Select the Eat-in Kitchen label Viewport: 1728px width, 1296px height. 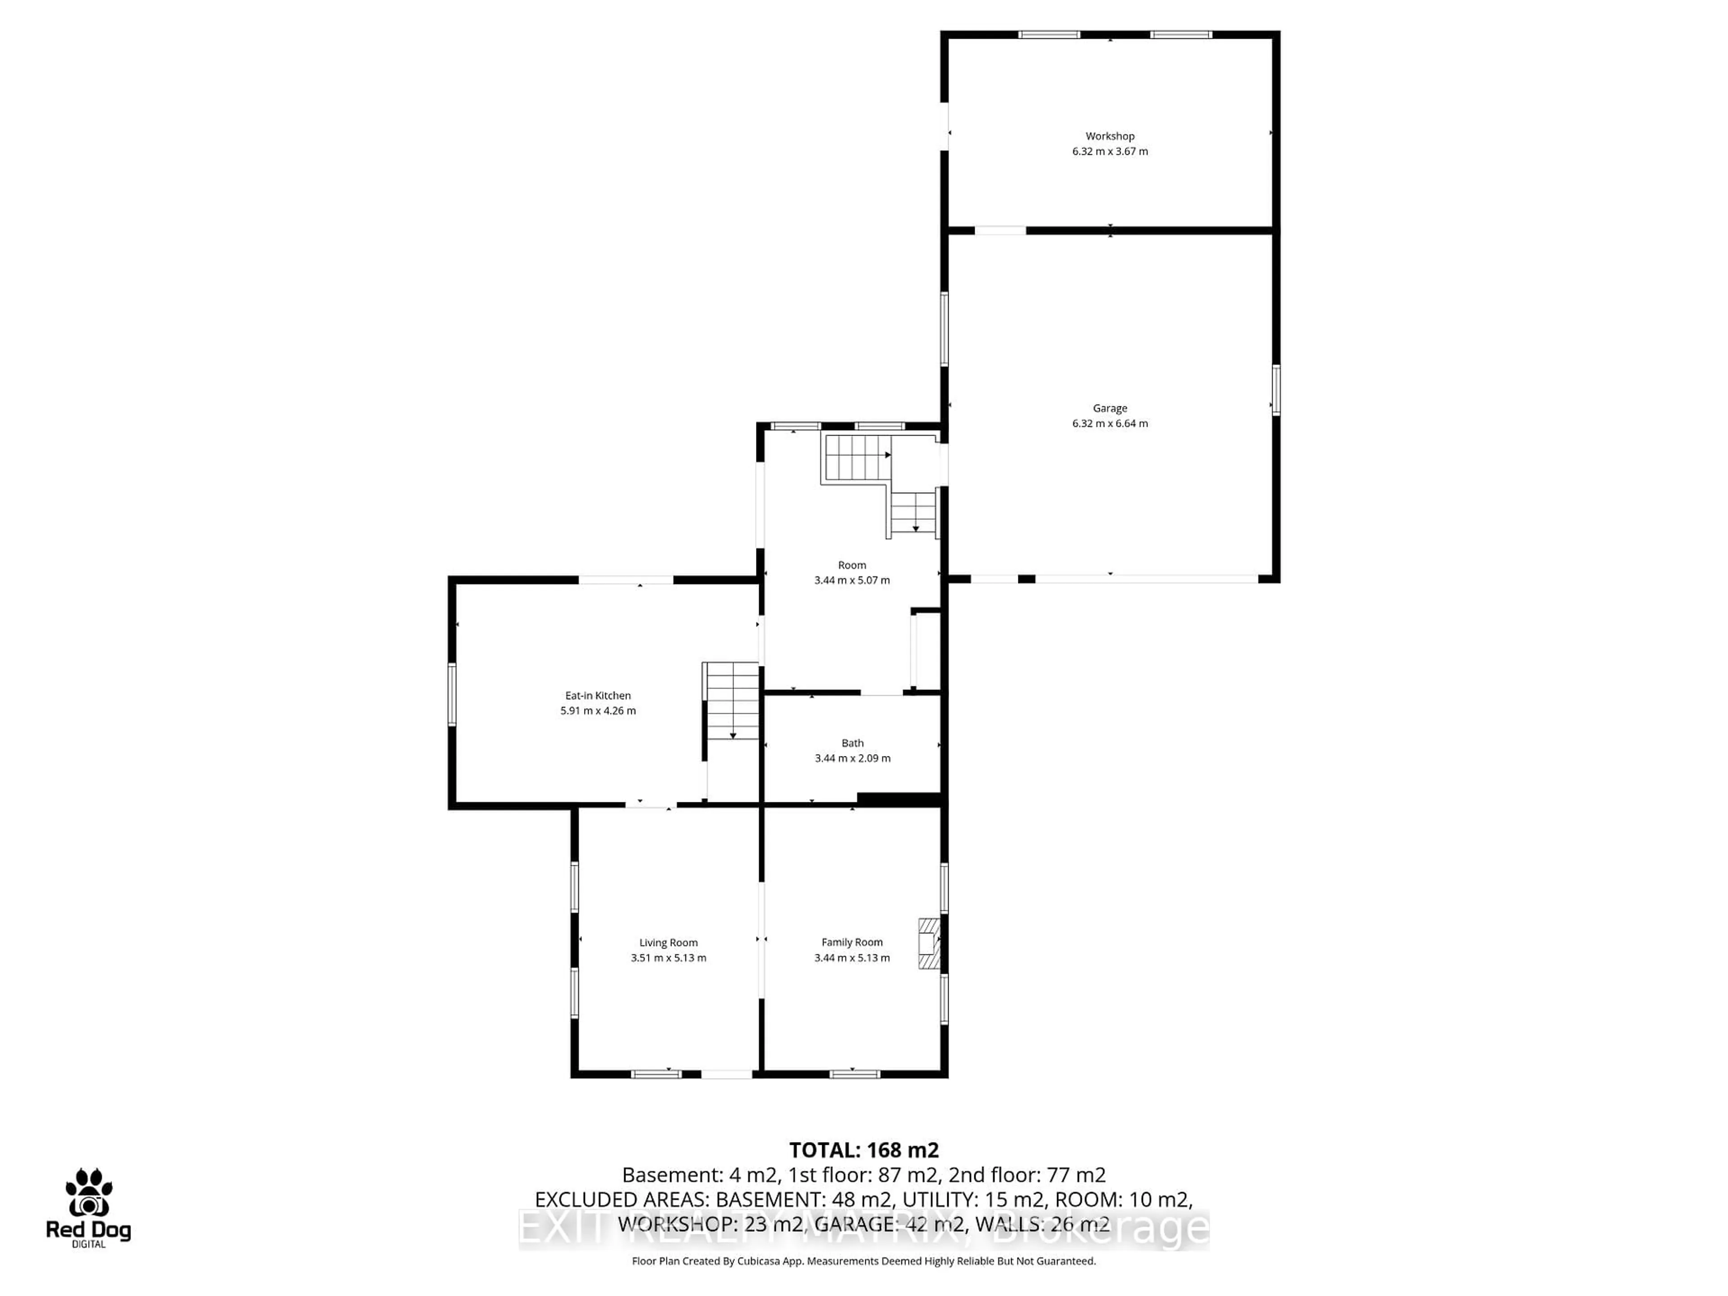click(598, 695)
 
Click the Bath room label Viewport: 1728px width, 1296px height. click(852, 743)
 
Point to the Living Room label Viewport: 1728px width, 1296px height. click(668, 942)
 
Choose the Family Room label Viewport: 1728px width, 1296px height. click(851, 942)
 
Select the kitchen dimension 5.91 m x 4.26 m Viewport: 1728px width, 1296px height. click(598, 711)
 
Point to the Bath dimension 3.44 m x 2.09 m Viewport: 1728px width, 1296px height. click(852, 758)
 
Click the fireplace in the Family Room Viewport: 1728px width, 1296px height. click(929, 943)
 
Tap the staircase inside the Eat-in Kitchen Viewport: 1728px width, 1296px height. click(732, 701)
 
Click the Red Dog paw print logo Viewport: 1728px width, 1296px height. click(88, 1193)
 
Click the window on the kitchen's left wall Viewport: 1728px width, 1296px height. click(451, 694)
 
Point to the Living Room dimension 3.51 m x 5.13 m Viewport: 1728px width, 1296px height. click(668, 958)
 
